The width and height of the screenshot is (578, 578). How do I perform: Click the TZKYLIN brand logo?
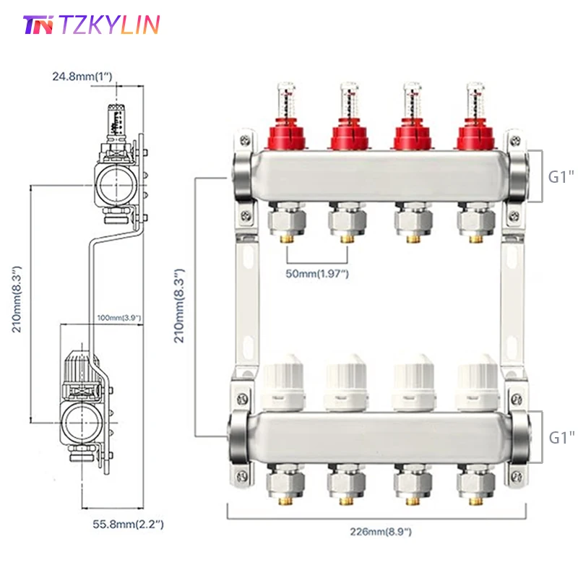[91, 25]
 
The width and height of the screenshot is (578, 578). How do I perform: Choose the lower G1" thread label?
[561, 436]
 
